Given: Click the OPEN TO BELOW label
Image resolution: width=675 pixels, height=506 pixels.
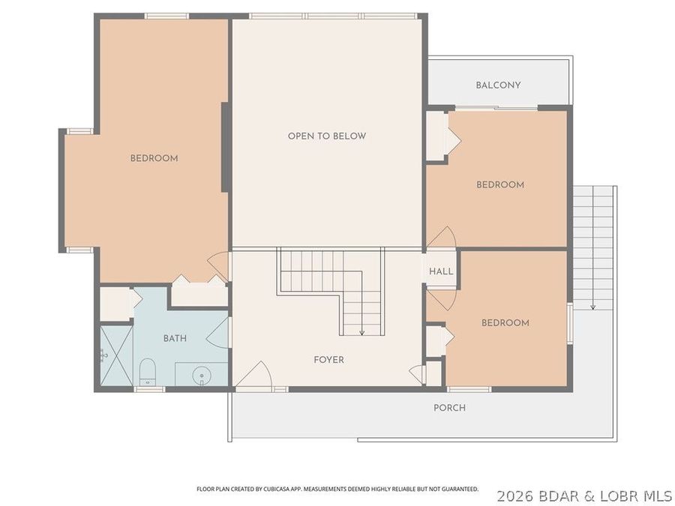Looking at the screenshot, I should pyautogui.click(x=326, y=136).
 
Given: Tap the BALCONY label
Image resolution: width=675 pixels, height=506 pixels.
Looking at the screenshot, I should pyautogui.click(x=498, y=85).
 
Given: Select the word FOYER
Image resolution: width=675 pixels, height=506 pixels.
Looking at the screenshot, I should pyautogui.click(x=328, y=360).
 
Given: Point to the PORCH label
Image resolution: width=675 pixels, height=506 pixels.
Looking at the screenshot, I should pyautogui.click(x=449, y=408).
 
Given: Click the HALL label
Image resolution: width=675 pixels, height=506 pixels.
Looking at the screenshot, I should pyautogui.click(x=441, y=271).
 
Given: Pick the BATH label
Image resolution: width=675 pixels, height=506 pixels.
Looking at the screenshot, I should pyautogui.click(x=175, y=339).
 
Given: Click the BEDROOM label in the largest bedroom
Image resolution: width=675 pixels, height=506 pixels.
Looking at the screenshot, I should pyautogui.click(x=154, y=158).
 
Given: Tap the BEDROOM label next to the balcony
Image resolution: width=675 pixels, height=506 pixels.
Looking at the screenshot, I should pyautogui.click(x=500, y=185).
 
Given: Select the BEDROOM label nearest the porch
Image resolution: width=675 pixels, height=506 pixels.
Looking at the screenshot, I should pyautogui.click(x=505, y=323).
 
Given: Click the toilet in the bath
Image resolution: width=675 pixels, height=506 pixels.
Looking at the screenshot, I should pyautogui.click(x=147, y=370).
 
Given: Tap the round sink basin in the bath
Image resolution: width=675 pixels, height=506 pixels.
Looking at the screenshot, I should pyautogui.click(x=201, y=374).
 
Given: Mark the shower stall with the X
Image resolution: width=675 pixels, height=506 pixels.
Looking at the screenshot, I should pyautogui.click(x=116, y=356).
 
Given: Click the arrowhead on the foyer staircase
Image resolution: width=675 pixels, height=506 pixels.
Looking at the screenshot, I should pyautogui.click(x=361, y=332).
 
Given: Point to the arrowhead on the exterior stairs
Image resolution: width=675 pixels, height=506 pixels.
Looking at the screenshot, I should pyautogui.click(x=592, y=306).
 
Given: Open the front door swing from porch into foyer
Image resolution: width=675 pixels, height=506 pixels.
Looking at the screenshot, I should pyautogui.click(x=255, y=375).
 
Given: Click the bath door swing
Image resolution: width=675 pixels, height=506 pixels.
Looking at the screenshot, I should pyautogui.click(x=218, y=332).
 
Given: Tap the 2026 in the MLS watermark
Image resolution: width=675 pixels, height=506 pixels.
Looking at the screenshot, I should pyautogui.click(x=515, y=496).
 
